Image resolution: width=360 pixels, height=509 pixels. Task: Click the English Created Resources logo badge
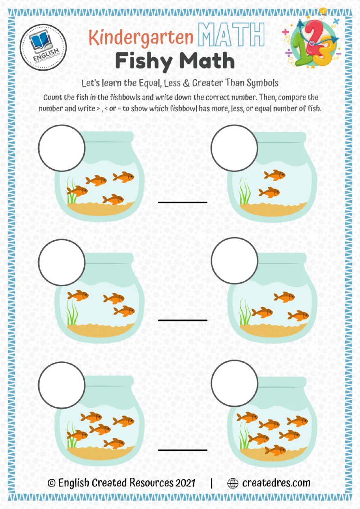pos(44,47)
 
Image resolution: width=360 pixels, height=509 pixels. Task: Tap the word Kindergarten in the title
pos(141,37)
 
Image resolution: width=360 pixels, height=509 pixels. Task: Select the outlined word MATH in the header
pos(231,34)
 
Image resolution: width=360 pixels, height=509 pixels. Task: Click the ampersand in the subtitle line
pos(196,83)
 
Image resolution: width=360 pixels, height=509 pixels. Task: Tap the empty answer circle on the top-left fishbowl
pos(62,147)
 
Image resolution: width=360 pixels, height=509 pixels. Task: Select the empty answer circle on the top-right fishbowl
pos(234,147)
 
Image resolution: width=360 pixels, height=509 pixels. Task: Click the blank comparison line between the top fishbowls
pos(182,202)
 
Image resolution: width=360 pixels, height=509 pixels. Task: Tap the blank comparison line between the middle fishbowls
pos(182,320)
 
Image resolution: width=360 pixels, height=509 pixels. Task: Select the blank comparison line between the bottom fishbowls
pos(182,449)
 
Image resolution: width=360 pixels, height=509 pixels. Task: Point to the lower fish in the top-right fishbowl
pos(269,193)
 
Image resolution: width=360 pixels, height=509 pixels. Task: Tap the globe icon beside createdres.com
pos(233,483)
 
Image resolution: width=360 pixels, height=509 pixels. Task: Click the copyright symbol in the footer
pos(52,483)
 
